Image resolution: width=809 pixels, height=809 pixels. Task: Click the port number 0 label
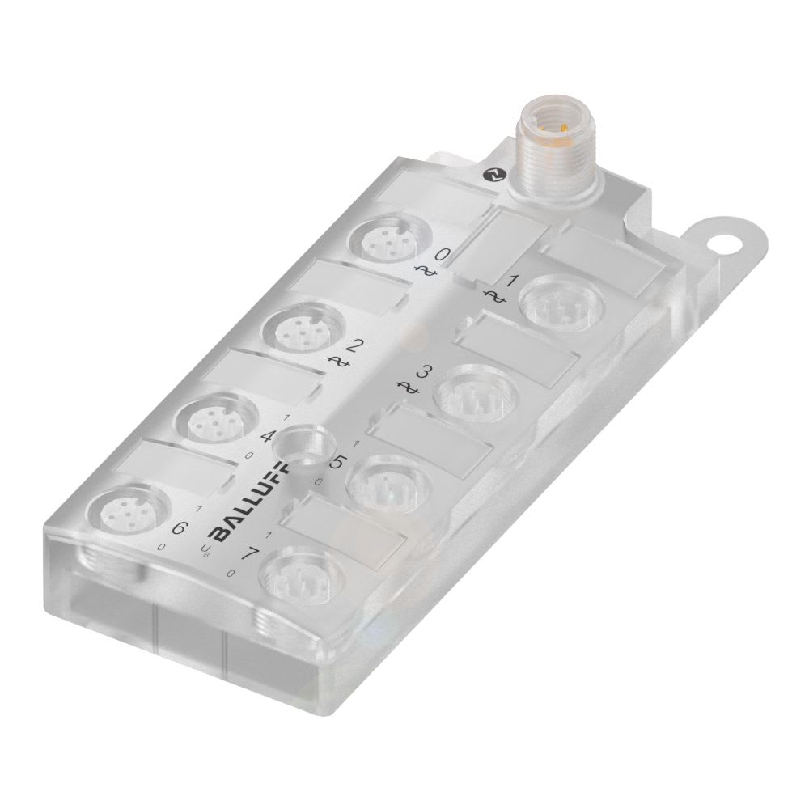coord(443,255)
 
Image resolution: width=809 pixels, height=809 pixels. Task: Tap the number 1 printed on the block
coord(510,282)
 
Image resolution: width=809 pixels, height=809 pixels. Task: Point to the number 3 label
coord(421,373)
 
